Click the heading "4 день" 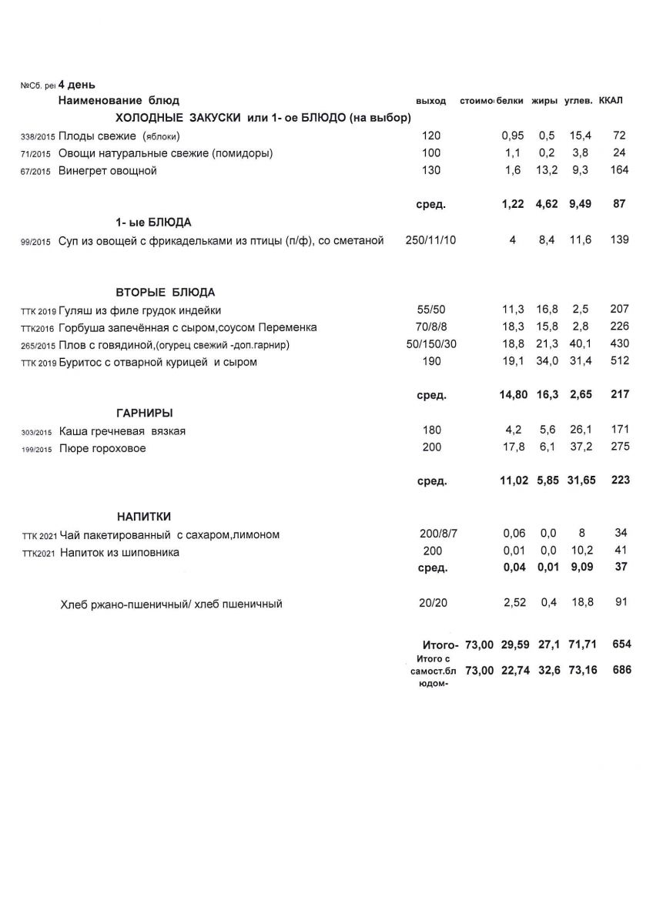76,85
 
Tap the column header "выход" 430,102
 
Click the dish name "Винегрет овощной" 108,171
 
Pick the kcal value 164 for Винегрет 619,170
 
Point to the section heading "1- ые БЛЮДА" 153,222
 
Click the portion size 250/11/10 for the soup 430,240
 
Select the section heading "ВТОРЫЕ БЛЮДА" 166,293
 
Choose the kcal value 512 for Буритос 619,362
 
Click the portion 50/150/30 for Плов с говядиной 431,344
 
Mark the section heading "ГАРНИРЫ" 144,413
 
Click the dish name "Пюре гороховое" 102,448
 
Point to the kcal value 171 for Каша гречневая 619,430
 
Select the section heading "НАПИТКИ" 144,516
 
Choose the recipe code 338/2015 36,136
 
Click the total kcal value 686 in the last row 619,670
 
